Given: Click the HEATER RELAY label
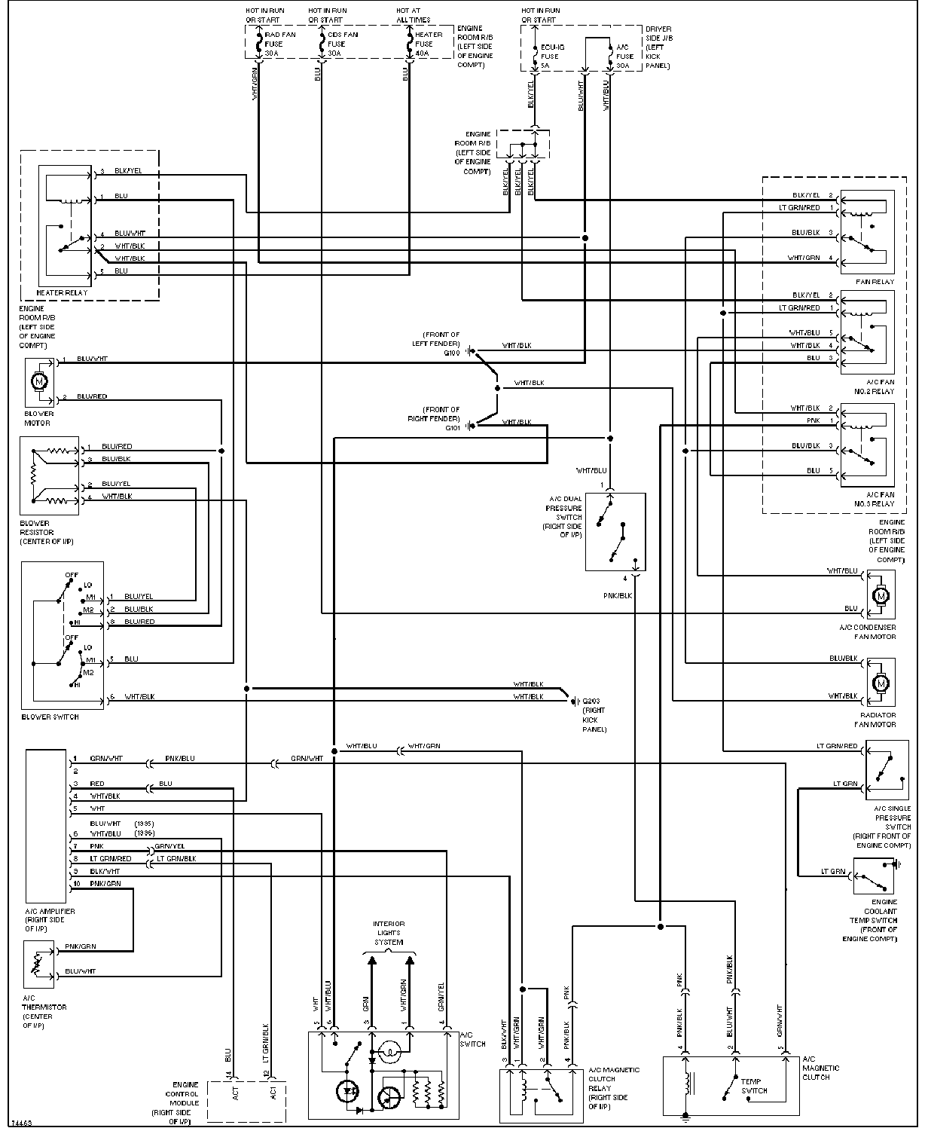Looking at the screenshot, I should point(62,292).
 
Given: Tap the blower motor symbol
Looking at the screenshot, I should point(38,381).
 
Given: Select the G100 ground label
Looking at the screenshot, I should point(452,353).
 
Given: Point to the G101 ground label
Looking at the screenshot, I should point(452,428).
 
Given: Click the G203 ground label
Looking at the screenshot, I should point(591,702).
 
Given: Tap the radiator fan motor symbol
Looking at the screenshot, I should point(880,684).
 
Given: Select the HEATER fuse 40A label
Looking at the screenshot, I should point(424,44).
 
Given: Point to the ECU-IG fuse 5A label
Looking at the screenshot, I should point(550,56).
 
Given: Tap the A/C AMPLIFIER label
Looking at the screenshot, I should point(50,912).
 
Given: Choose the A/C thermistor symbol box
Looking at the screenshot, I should point(39,964).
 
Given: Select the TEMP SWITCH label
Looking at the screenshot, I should point(754,1086).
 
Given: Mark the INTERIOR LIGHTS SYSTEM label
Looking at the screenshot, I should point(389,933).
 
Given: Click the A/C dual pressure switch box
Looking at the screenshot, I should point(615,531).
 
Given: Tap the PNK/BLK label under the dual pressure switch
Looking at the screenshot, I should point(618,595).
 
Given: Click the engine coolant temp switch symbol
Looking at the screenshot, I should point(874,876).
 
